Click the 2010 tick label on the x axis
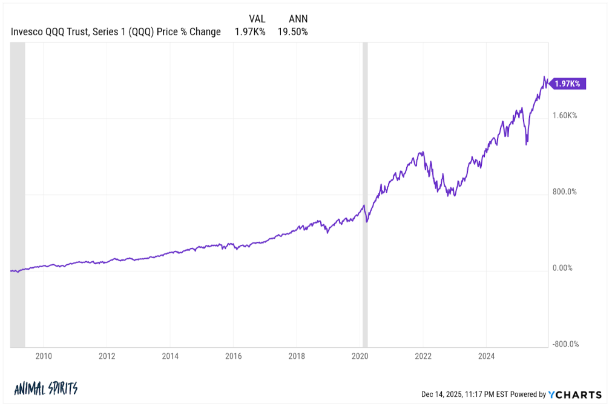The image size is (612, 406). pyautogui.click(x=43, y=356)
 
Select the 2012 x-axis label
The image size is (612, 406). pyautogui.click(x=107, y=356)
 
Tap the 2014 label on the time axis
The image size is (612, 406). pyautogui.click(x=170, y=356)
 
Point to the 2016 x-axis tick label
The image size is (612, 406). pyautogui.click(x=233, y=356)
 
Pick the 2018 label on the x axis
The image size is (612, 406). pyautogui.click(x=297, y=356)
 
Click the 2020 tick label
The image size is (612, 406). pyautogui.click(x=360, y=356)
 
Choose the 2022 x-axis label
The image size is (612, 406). pyautogui.click(x=423, y=356)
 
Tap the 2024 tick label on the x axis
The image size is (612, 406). pyautogui.click(x=487, y=356)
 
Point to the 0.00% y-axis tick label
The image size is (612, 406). pyautogui.click(x=564, y=268)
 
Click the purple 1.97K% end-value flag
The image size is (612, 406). pyautogui.click(x=567, y=84)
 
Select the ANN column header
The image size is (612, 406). pyautogui.click(x=298, y=19)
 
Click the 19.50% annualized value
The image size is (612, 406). pyautogui.click(x=292, y=32)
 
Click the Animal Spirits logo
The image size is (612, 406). pyautogui.click(x=46, y=388)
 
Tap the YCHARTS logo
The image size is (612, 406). pyautogui.click(x=575, y=394)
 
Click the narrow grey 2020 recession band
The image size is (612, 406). pyautogui.click(x=365, y=194)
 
